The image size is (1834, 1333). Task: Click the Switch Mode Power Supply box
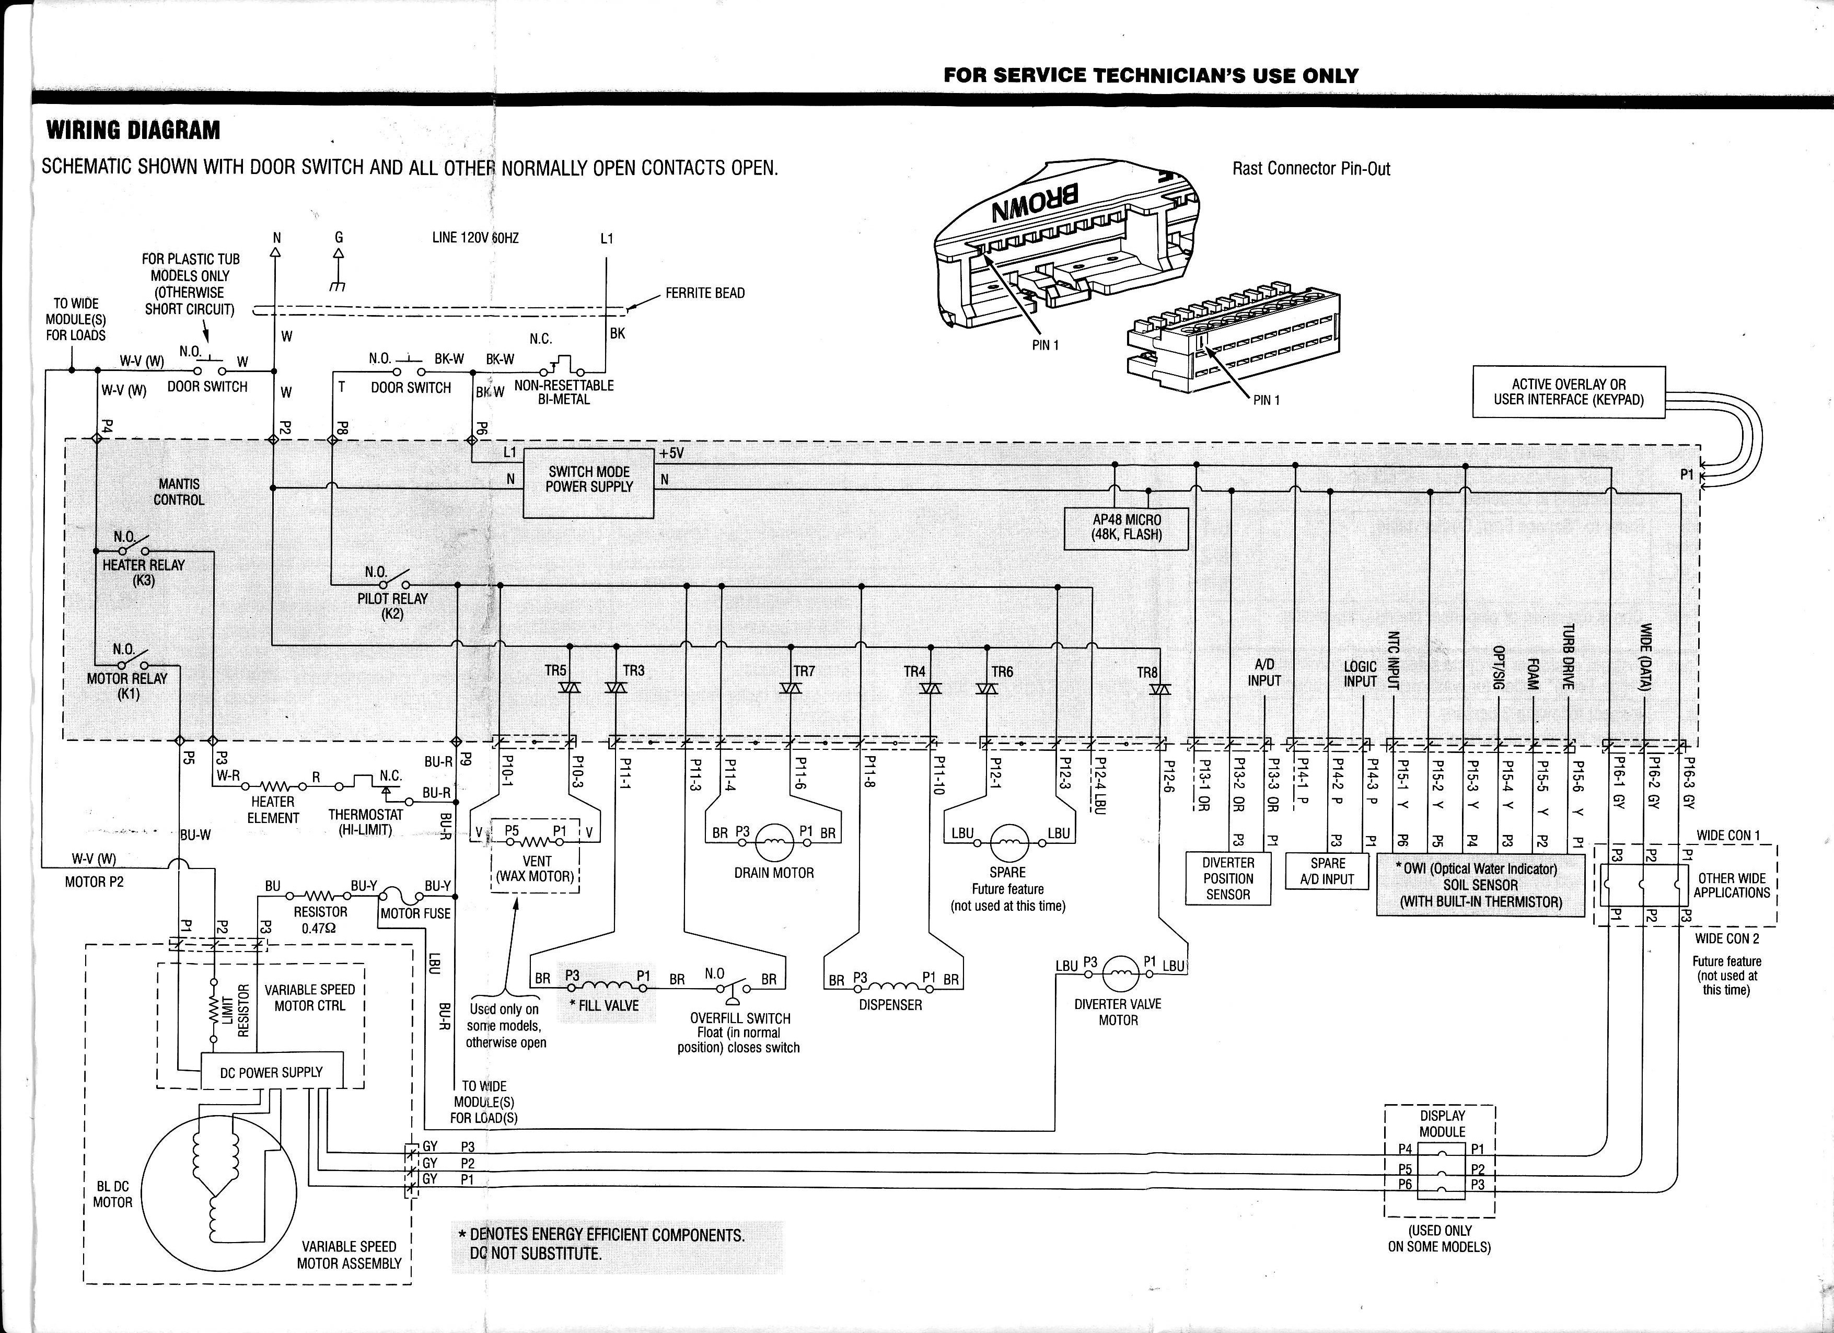click(x=589, y=483)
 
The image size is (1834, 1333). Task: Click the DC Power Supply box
click(x=272, y=1072)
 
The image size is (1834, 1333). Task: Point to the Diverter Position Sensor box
click(x=1227, y=878)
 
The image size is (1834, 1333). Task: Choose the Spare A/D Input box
click(x=1327, y=871)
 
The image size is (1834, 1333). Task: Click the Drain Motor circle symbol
click(x=774, y=843)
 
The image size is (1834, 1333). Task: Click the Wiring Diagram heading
click(x=133, y=130)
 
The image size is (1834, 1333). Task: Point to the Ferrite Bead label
click(x=705, y=293)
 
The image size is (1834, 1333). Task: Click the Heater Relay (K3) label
click(x=144, y=572)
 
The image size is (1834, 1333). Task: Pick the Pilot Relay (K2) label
click(x=393, y=605)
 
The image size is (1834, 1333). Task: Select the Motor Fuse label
click(x=415, y=913)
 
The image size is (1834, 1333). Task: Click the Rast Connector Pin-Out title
click(x=1311, y=168)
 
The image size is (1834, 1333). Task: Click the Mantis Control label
click(x=179, y=492)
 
